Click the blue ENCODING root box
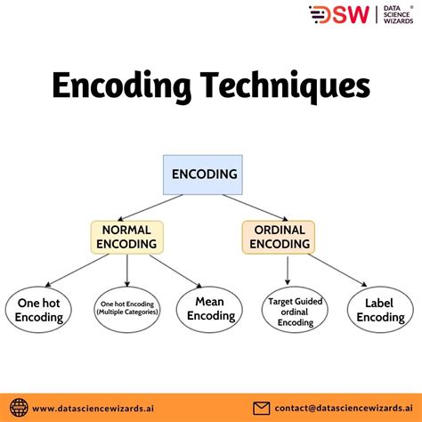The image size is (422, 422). [x=204, y=174]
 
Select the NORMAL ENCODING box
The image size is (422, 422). [x=126, y=235]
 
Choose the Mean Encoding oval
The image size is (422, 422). [x=210, y=309]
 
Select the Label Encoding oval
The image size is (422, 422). [x=380, y=310]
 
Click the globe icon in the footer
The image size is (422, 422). [x=17, y=408]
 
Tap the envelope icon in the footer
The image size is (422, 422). [x=262, y=408]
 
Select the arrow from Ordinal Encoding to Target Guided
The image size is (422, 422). [x=288, y=268]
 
